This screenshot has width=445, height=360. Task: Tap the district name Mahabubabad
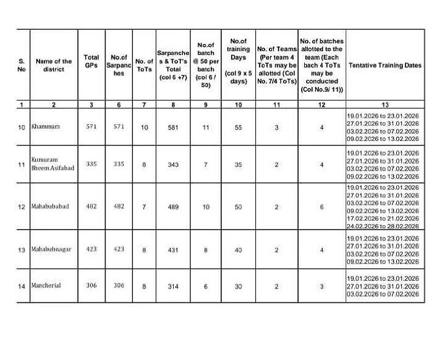click(x=50, y=206)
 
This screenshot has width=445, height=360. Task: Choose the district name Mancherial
click(x=46, y=286)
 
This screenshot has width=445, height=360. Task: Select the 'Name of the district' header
click(x=54, y=65)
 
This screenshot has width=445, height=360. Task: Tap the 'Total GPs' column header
click(x=91, y=61)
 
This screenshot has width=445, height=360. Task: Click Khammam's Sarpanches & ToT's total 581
click(x=173, y=127)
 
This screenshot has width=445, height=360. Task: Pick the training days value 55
click(x=238, y=127)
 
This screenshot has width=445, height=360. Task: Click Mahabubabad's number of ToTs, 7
click(x=144, y=207)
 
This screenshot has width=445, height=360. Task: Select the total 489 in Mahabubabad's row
click(x=173, y=207)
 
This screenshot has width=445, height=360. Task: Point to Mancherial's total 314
click(x=173, y=286)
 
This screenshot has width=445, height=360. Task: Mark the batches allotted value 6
click(x=322, y=207)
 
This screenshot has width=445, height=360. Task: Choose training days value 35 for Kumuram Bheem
click(x=238, y=164)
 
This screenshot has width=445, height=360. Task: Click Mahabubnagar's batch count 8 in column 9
click(x=206, y=249)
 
